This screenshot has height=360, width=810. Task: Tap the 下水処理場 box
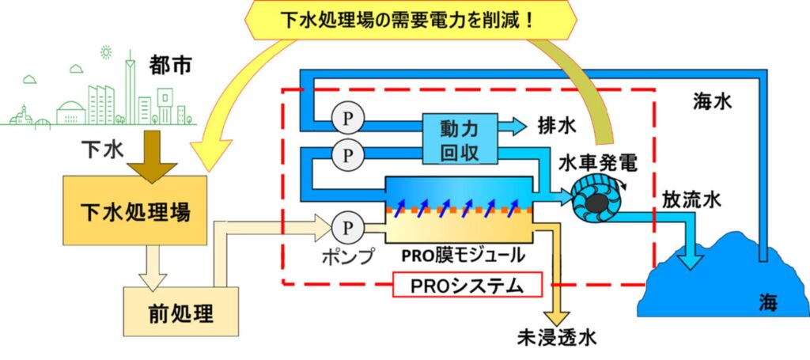point(138,212)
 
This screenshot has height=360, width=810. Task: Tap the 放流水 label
point(691,200)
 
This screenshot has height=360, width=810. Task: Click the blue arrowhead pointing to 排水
point(517,125)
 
